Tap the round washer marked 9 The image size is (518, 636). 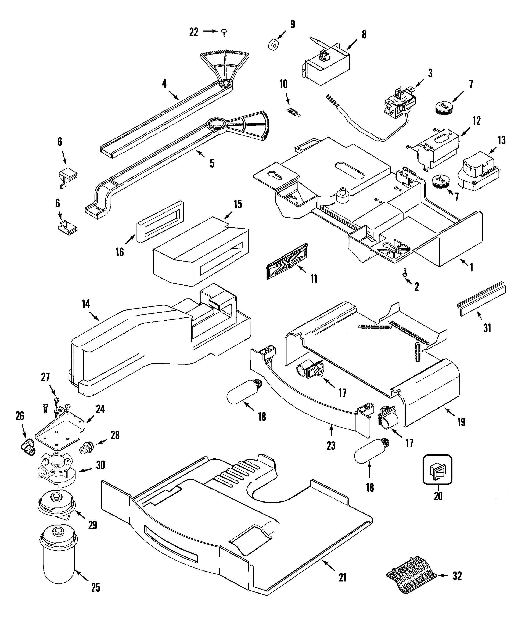click(273, 46)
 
